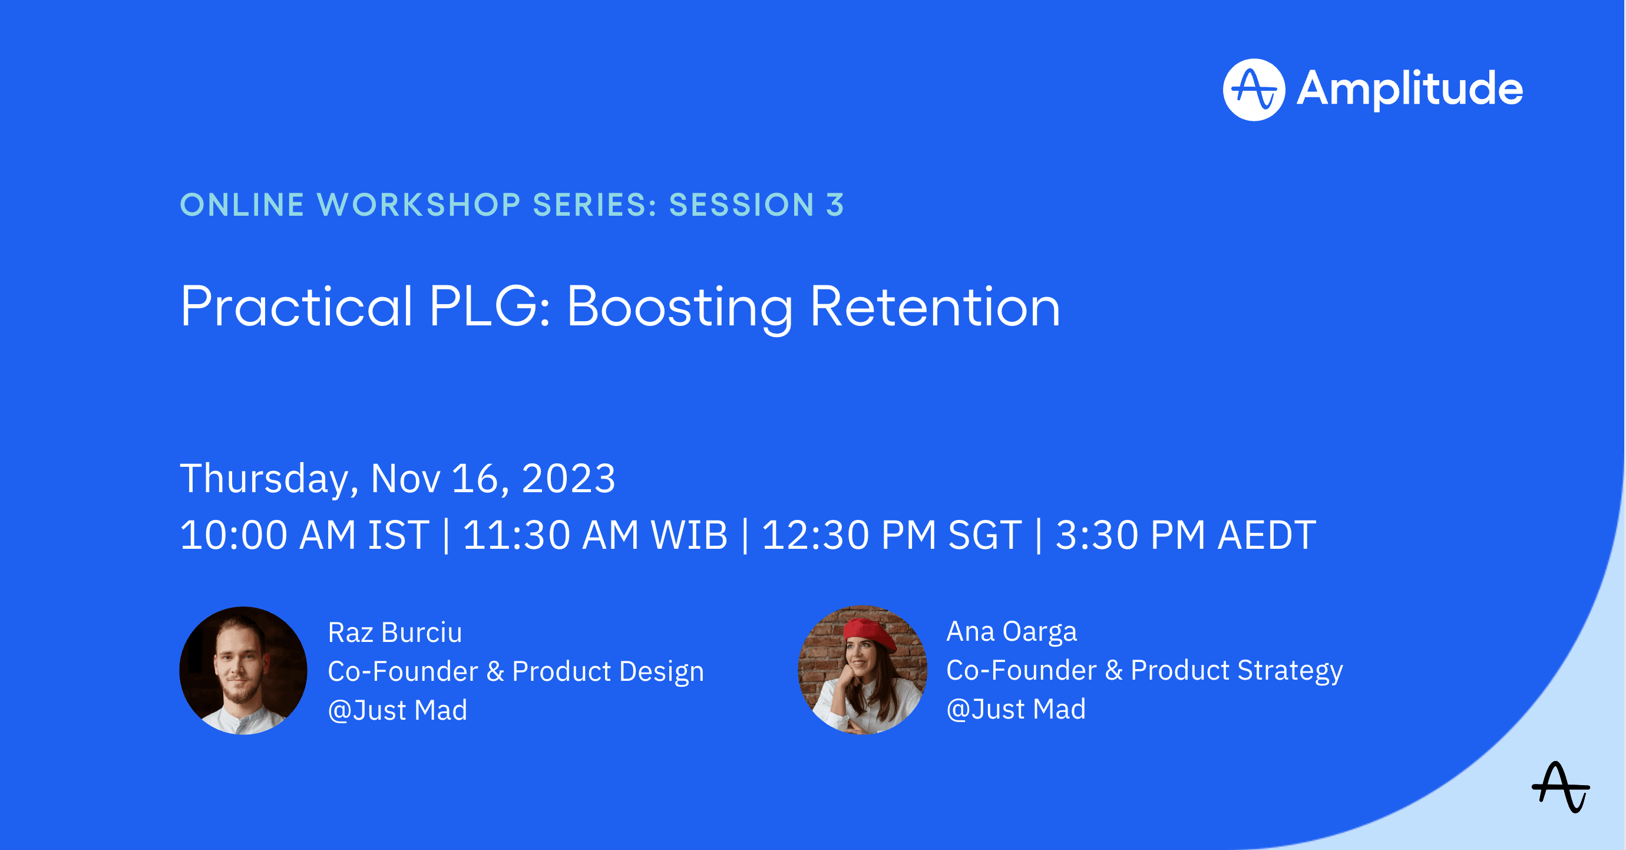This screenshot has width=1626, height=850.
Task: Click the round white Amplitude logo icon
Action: [1254, 90]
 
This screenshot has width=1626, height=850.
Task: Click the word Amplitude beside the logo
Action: [1409, 89]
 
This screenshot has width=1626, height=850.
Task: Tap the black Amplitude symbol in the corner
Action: [1561, 787]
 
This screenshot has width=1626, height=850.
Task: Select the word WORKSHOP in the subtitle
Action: [418, 205]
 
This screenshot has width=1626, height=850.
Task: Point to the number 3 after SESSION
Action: [835, 205]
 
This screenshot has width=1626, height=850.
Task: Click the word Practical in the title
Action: [297, 307]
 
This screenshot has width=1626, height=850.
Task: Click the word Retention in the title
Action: [935, 307]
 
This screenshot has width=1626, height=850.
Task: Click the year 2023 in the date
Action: [568, 478]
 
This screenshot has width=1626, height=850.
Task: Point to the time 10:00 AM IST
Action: [305, 535]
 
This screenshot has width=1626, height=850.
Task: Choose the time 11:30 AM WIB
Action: [595, 535]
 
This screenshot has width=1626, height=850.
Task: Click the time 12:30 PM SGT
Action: [892, 535]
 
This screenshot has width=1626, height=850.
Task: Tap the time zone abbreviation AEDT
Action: [1267, 535]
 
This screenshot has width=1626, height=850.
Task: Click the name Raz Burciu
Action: [395, 632]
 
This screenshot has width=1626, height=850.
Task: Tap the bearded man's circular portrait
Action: [244, 670]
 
